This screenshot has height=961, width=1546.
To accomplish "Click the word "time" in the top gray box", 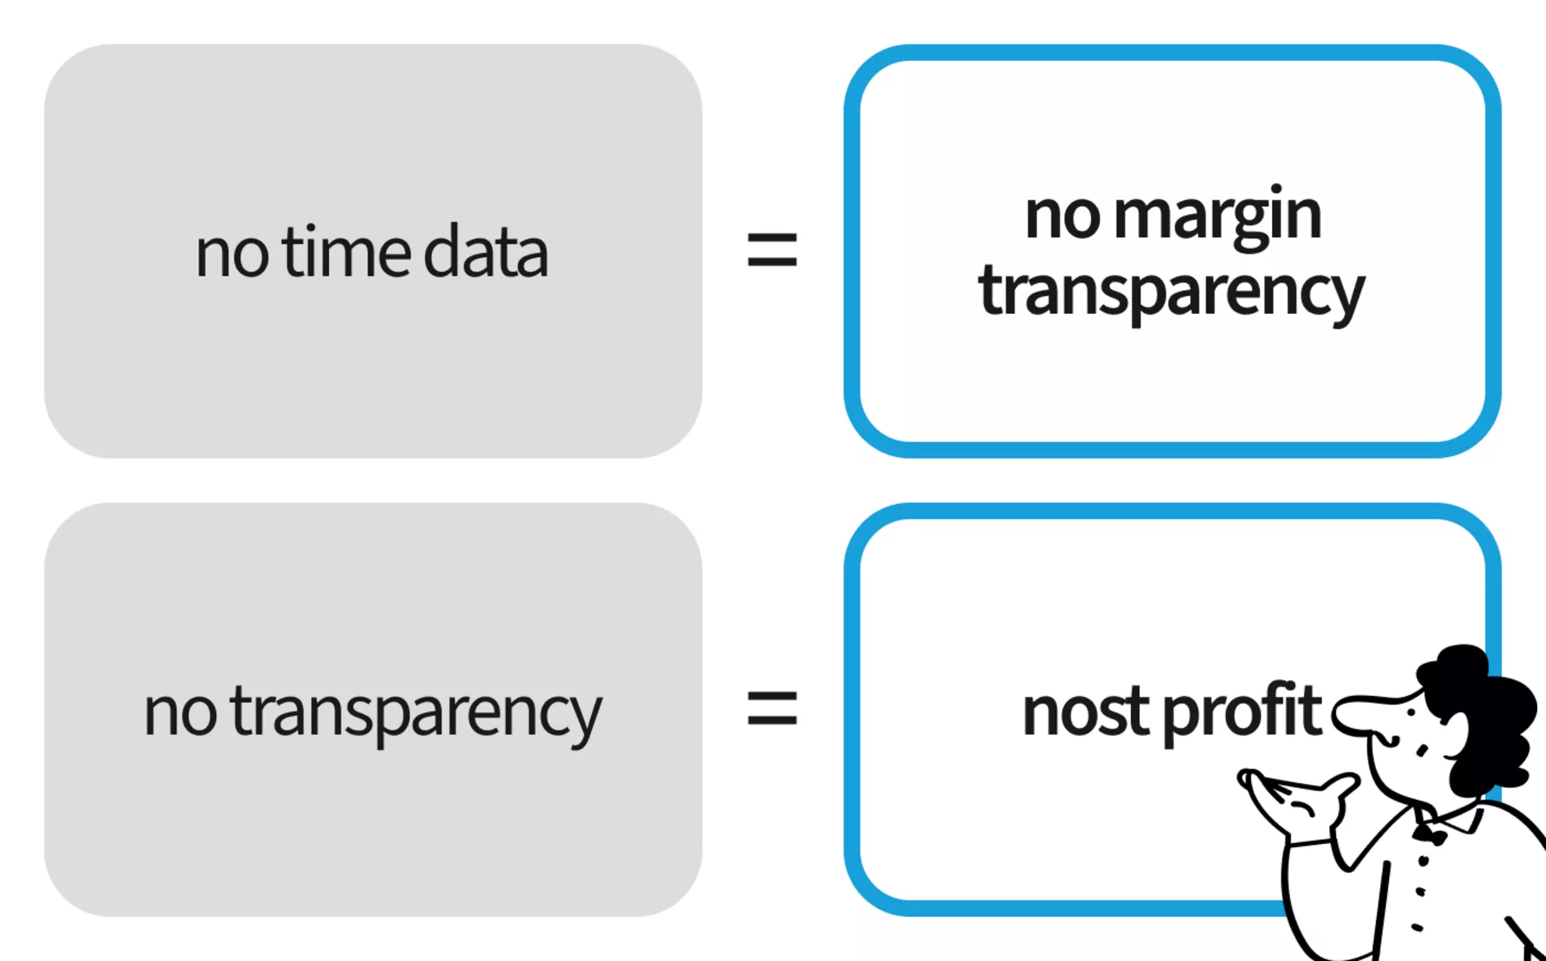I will (348, 252).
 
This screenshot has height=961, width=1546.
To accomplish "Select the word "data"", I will (485, 252).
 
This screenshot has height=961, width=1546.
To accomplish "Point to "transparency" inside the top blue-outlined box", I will (1171, 293).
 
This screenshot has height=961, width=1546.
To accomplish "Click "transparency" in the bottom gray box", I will (416, 713).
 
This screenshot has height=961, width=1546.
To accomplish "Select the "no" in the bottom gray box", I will (180, 713).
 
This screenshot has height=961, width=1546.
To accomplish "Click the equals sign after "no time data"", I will (771, 250).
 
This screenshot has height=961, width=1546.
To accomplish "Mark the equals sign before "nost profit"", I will (771, 709).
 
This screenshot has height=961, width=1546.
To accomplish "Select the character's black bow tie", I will (1429, 833).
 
